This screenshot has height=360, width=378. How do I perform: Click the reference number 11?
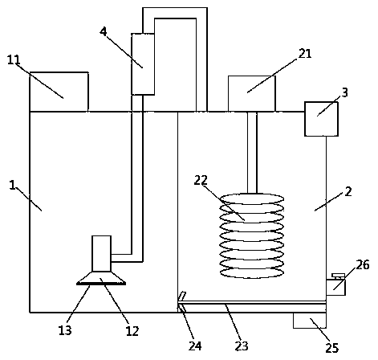pos(14,59)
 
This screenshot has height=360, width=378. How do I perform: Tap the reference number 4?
pos(104,31)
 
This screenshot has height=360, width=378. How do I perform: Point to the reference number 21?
pos(305,54)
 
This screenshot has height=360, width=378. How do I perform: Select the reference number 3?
pos(345,92)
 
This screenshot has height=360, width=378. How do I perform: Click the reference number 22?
pos(201,180)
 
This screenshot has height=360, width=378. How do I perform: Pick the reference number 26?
pos(363,264)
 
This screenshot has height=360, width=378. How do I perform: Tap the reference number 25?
pos(332,348)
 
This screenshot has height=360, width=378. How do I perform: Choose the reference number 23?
pos(242,346)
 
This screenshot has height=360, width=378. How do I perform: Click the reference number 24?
pos(195,346)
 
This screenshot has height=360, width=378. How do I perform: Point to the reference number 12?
pos(132,331)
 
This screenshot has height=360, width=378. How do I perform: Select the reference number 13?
pos(65,330)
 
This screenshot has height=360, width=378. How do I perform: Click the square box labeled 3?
pos(321,119)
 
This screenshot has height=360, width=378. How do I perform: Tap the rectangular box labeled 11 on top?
pos(59,92)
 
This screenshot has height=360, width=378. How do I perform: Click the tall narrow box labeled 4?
pos(143,64)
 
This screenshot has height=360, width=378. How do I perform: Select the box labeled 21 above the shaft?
pos(252,93)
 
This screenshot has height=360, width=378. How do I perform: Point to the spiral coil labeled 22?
pos(252,235)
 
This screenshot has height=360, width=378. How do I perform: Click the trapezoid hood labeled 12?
pos(101,278)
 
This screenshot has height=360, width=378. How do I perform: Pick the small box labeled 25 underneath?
pos(310,321)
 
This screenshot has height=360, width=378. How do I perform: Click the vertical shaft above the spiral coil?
pos(252,153)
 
